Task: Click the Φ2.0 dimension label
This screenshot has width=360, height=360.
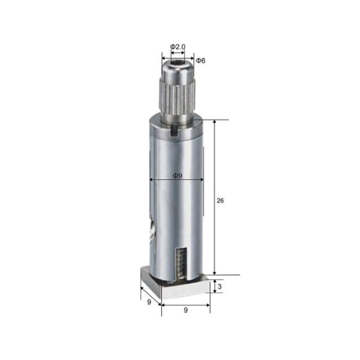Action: [x=178, y=47]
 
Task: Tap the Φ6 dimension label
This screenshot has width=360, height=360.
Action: [x=200, y=61]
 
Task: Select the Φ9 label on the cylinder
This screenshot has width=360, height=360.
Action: [x=178, y=176]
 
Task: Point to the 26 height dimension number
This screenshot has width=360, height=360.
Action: [x=220, y=200]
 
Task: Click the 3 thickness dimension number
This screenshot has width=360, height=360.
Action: [x=220, y=287]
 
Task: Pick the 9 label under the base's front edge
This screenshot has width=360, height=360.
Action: [x=185, y=310]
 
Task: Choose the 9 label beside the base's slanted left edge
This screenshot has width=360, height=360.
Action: [x=149, y=302]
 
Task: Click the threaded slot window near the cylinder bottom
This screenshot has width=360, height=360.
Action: [x=181, y=264]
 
